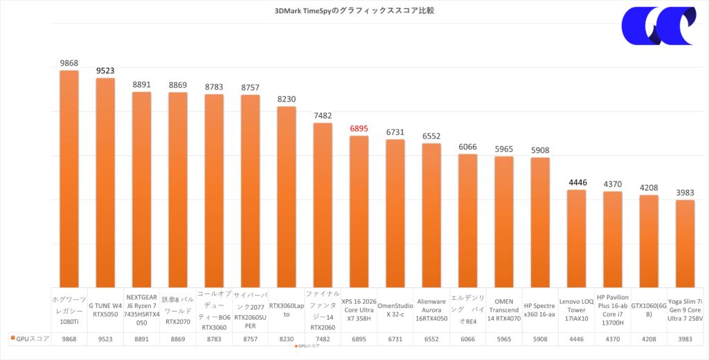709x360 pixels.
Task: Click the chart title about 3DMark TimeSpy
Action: click(354, 11)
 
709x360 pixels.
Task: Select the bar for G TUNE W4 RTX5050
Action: click(105, 180)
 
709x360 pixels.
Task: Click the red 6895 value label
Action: click(359, 129)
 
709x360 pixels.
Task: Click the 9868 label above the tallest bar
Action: click(69, 63)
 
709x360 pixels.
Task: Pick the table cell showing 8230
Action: click(287, 339)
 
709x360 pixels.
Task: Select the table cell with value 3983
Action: click(685, 339)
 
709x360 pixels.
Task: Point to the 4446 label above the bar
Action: click(577, 183)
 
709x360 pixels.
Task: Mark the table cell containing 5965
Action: click(504, 339)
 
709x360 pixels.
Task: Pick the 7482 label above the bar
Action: click(323, 116)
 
